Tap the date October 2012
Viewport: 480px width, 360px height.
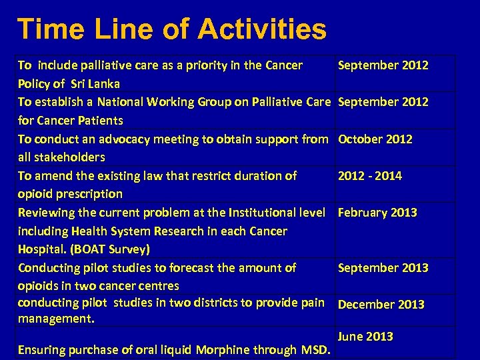click(x=375, y=139)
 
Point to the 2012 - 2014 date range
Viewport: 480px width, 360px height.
click(x=370, y=176)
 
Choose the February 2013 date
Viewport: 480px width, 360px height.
click(x=377, y=213)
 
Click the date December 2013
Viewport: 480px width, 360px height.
click(x=381, y=305)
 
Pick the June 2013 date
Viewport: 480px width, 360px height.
click(x=365, y=336)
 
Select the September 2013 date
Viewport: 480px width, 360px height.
click(x=383, y=268)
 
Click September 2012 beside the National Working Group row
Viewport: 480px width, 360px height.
click(x=383, y=102)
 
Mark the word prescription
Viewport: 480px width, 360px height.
click(x=88, y=194)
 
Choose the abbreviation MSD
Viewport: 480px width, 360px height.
click(x=316, y=349)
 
